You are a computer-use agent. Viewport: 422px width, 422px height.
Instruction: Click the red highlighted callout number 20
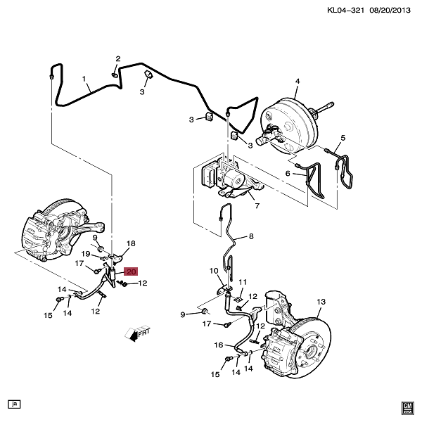pos(131,271)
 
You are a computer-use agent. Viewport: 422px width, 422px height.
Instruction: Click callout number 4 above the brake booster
pos(297,82)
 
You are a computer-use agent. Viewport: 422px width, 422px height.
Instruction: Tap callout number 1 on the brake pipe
pos(84,79)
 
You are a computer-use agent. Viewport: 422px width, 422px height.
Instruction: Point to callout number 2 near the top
pos(117,58)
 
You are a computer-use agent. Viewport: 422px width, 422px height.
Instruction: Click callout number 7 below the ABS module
pos(257,206)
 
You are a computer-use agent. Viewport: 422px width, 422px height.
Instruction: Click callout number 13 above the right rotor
pos(321,302)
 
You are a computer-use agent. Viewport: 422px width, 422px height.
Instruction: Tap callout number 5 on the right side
pos(343,138)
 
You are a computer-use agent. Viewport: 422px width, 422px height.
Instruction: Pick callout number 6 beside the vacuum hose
pos(288,173)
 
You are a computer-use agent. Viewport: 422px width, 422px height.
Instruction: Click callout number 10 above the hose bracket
pos(214,271)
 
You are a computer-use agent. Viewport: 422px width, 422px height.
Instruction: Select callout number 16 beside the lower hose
pos(219,345)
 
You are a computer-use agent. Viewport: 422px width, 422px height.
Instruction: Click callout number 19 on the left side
pos(84,253)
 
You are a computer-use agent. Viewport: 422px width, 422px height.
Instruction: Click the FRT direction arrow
pos(136,333)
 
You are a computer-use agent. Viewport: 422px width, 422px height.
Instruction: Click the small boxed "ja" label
pos(13,404)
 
